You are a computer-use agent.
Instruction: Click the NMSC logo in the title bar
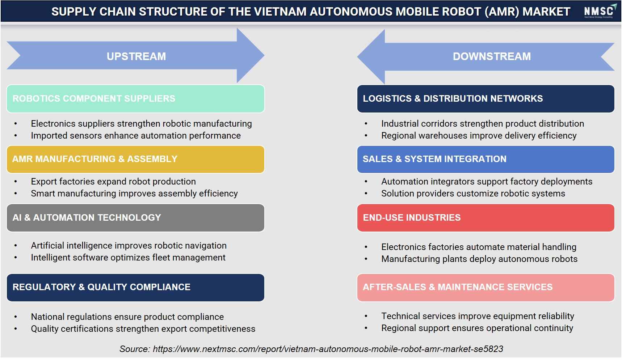[x=599, y=11]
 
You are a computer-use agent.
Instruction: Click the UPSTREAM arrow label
[x=136, y=56]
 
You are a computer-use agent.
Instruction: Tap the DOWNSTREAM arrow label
[x=492, y=56]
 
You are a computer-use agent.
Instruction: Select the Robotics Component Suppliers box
[x=135, y=98]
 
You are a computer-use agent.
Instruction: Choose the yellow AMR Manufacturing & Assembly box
[x=135, y=159]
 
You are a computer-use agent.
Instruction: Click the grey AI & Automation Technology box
[x=135, y=218]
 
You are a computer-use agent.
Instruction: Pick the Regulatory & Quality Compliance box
[x=135, y=287]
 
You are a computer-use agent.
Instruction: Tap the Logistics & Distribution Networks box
[x=486, y=98]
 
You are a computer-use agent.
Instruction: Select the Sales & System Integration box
[x=486, y=159]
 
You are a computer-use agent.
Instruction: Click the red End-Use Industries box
[x=486, y=218]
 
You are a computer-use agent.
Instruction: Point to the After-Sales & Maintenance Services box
[x=486, y=287]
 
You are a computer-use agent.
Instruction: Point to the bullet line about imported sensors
[x=136, y=136]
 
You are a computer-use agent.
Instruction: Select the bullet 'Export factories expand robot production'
[x=113, y=182]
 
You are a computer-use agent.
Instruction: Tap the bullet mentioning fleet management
[x=128, y=258]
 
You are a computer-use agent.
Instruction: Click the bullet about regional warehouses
[x=479, y=136]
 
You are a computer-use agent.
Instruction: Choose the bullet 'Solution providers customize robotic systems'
[x=473, y=194]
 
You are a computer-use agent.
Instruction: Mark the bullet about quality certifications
[x=143, y=329]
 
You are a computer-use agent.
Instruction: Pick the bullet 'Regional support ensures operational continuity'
[x=477, y=328]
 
